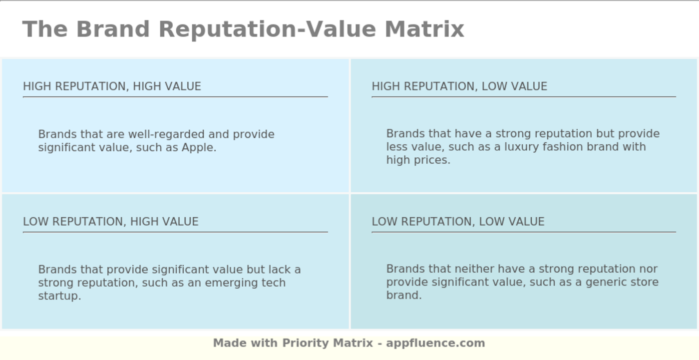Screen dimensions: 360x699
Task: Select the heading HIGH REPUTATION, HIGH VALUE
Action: click(x=112, y=86)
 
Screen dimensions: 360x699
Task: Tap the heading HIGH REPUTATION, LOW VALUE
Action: click(x=459, y=86)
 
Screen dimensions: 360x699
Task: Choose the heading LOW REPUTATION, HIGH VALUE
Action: click(x=111, y=222)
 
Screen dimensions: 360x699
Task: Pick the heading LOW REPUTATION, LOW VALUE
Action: click(x=458, y=222)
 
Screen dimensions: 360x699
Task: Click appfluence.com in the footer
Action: click(x=435, y=344)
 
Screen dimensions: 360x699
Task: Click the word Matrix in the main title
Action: click(x=424, y=29)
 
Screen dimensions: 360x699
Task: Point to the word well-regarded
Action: click(x=166, y=134)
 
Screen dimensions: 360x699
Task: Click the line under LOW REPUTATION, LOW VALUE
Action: click(x=523, y=232)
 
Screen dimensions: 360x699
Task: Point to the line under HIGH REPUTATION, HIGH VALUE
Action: click(x=175, y=97)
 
